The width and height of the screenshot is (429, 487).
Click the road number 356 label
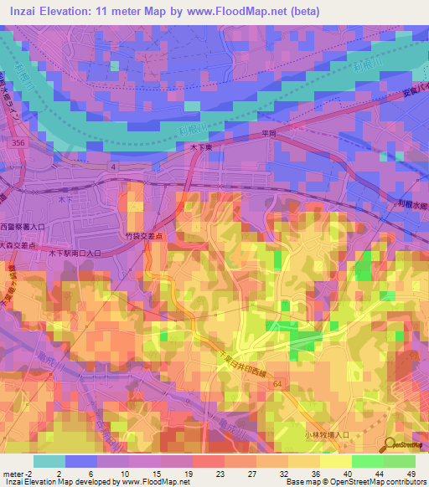tap(18, 144)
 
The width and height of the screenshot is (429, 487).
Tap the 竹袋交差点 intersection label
tap(144, 237)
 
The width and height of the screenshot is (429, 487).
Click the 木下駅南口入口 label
tap(75, 252)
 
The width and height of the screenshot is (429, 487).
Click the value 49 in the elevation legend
tap(411, 473)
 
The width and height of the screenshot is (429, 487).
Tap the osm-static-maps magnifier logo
tap(391, 446)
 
